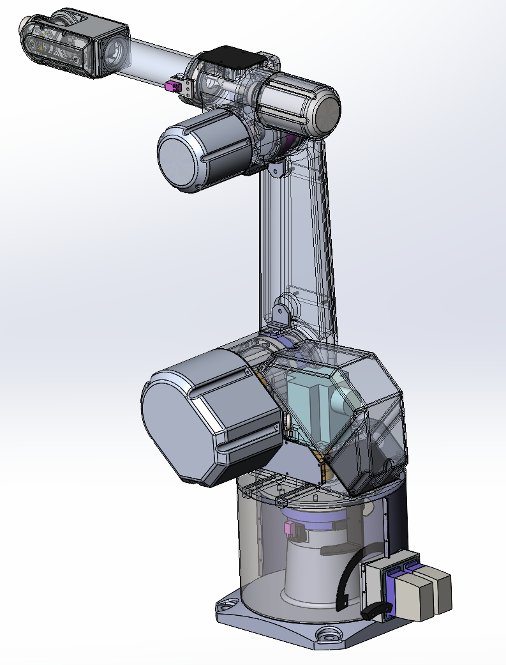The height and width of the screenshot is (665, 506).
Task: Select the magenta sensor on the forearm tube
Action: click(172, 86)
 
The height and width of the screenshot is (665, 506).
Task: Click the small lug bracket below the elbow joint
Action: click(276, 169)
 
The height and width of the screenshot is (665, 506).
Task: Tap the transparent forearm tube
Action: click(153, 61)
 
